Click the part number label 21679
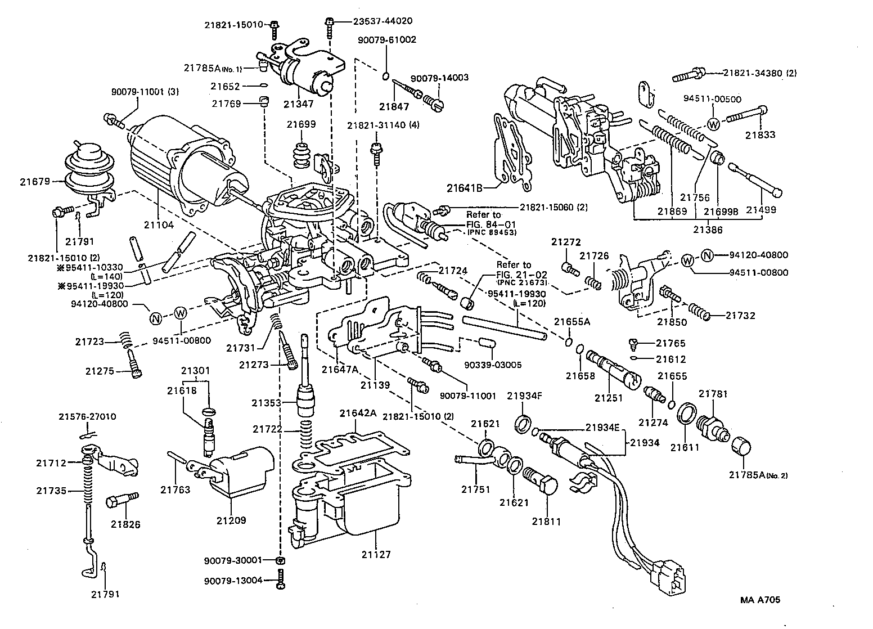(35, 181)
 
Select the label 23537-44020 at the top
(382, 21)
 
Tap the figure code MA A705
(759, 600)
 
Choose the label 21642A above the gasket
(357, 414)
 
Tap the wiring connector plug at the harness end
(670, 576)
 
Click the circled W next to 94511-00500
(713, 124)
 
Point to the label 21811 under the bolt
(546, 522)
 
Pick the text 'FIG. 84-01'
(490, 223)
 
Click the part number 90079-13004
(233, 581)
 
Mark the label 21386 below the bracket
(708, 230)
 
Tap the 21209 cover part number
(231, 520)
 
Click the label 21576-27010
(87, 416)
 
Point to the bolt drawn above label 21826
(121, 499)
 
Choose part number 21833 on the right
(760, 135)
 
